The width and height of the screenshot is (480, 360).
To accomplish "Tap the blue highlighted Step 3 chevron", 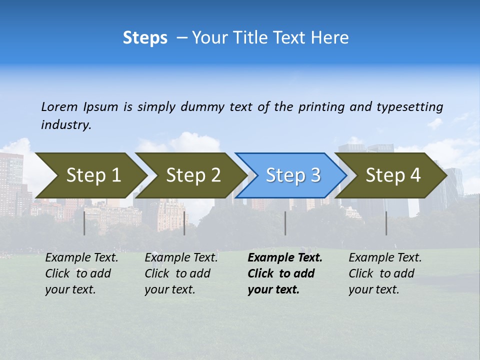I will (293, 175).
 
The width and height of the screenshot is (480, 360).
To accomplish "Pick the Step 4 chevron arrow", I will (393, 175).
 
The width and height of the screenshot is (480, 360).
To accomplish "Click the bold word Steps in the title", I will (145, 37).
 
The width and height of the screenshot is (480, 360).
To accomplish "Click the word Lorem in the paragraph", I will (59, 106).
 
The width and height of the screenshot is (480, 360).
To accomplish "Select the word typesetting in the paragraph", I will (409, 106).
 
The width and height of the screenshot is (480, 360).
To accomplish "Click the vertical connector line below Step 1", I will (84, 223).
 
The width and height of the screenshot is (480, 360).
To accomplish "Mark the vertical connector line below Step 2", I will (184, 223).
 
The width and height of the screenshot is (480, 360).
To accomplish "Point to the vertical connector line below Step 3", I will (285, 223).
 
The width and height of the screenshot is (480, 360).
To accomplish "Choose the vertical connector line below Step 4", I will (386, 223).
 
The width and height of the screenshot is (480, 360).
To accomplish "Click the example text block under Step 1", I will (81, 273).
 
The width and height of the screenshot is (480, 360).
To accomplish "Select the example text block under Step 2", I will (181, 273).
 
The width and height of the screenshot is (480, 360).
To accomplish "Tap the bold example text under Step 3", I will (285, 273).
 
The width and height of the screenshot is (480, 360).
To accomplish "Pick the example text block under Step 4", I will (385, 273).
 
